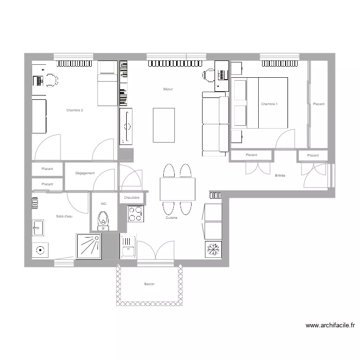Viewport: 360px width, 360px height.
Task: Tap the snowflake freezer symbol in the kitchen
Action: pyautogui.click(x=213, y=249)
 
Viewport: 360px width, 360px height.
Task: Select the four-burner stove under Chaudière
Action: pyautogui.click(x=135, y=214)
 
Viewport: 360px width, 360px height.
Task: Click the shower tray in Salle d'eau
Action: pyautogui.click(x=89, y=246)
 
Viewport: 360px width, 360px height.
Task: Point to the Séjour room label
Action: pyautogui.click(x=168, y=89)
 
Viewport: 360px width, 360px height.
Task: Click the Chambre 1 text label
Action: pyautogui.click(x=269, y=104)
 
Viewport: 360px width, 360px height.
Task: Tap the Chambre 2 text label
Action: pyautogui.click(x=75, y=110)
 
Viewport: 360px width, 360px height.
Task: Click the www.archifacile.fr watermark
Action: pyautogui.click(x=330, y=325)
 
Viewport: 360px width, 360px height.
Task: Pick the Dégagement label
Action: pyautogui.click(x=85, y=173)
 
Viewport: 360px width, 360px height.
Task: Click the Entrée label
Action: pyautogui.click(x=280, y=176)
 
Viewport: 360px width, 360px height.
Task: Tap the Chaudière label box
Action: pyautogui.click(x=132, y=197)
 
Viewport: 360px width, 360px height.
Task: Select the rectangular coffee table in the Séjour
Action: pyautogui.click(x=164, y=125)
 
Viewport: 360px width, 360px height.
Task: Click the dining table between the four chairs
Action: pyautogui.click(x=178, y=189)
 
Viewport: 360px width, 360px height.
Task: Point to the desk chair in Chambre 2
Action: pyautogui.click(x=51, y=81)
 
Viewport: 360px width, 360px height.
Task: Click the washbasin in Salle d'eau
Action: pyautogui.click(x=38, y=228)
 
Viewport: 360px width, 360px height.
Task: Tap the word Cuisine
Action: pyautogui.click(x=172, y=218)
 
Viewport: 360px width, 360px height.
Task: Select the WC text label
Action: pyautogui.click(x=103, y=204)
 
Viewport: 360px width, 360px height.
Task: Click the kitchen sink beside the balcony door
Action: pyautogui.click(x=128, y=249)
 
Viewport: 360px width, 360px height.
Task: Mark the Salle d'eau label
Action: pyautogui.click(x=64, y=216)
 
